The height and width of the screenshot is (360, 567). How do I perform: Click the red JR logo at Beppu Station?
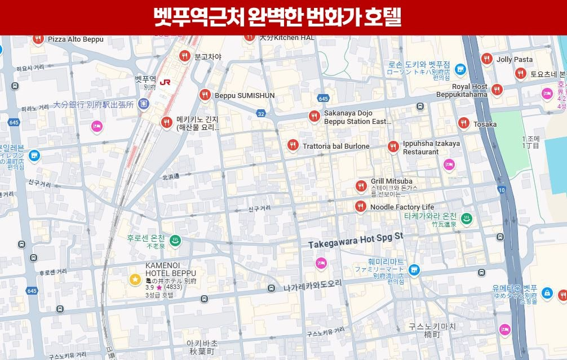coord(165,82)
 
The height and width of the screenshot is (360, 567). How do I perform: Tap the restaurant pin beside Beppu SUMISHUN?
coord(205,95)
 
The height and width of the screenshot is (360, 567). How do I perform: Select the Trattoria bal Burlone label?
coord(336,146)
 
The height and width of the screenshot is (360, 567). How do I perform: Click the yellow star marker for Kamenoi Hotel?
coord(135,279)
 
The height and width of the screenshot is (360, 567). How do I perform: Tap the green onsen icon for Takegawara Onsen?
coord(467,219)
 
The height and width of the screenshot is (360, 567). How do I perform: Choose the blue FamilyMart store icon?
coord(414,270)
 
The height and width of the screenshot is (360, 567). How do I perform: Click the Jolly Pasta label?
coord(515,60)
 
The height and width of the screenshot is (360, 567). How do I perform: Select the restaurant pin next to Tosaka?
coord(463,123)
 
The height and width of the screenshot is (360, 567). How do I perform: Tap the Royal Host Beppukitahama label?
coord(463,91)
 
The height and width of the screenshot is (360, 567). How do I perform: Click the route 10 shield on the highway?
coord(502,190)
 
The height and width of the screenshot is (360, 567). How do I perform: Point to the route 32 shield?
coord(260,114)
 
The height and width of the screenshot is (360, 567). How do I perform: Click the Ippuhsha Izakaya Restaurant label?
coord(431,148)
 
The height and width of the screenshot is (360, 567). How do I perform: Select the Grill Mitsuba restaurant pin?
coord(361,186)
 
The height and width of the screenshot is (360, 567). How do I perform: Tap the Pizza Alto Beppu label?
coord(76,39)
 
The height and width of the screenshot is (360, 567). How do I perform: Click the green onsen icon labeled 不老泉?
coord(175,240)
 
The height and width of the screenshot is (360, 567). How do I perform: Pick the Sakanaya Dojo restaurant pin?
coord(314,117)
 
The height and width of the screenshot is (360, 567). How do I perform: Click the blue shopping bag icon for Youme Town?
coord(547,293)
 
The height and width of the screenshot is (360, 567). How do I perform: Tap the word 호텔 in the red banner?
coord(382,17)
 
